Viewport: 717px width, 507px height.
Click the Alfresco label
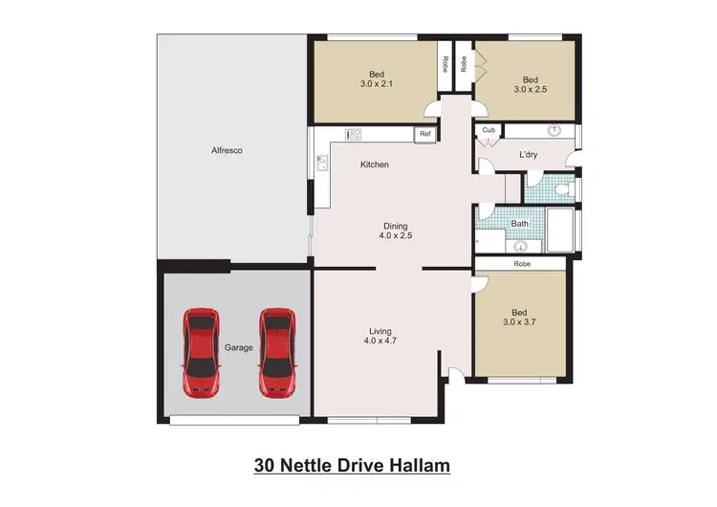(x=226, y=150)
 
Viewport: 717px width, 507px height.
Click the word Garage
(x=238, y=347)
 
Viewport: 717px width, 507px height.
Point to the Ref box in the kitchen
(x=424, y=135)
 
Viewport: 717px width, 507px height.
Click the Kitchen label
(x=374, y=165)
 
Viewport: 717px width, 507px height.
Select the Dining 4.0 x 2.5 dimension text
(x=396, y=235)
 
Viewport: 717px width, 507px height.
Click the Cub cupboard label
(x=488, y=130)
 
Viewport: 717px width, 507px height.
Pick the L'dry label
(x=529, y=154)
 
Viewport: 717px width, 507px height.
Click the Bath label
(x=519, y=224)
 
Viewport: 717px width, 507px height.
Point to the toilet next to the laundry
(x=563, y=188)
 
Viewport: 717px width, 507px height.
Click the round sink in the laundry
(x=554, y=129)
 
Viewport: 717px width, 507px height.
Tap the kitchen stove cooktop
(x=354, y=135)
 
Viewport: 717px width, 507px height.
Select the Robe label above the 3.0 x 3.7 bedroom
(x=522, y=263)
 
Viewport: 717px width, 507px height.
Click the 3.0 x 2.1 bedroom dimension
(x=378, y=84)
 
